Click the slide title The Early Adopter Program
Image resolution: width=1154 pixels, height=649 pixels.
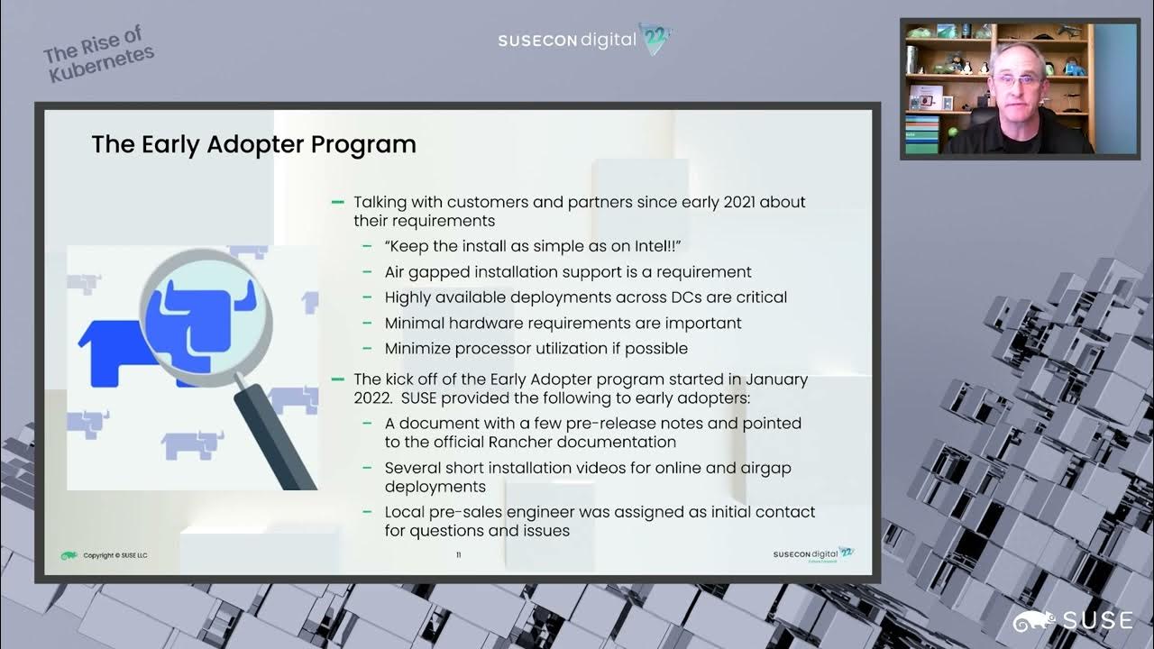(253, 144)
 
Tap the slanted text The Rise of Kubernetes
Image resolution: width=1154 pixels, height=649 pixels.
(98, 56)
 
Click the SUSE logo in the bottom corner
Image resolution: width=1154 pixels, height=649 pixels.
(1073, 620)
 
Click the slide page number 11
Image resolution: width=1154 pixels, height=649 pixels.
(458, 555)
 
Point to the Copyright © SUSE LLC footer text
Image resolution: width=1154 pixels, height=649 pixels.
(114, 555)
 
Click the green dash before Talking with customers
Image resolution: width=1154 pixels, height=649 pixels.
(338, 202)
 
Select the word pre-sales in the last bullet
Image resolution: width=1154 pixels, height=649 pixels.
(467, 512)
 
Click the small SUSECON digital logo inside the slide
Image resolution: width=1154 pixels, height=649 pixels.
(812, 554)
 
